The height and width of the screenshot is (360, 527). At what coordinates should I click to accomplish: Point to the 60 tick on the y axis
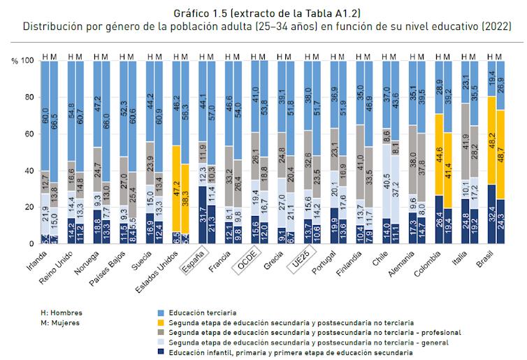(x=27, y=134)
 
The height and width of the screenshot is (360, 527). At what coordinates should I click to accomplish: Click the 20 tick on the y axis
(x=27, y=207)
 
